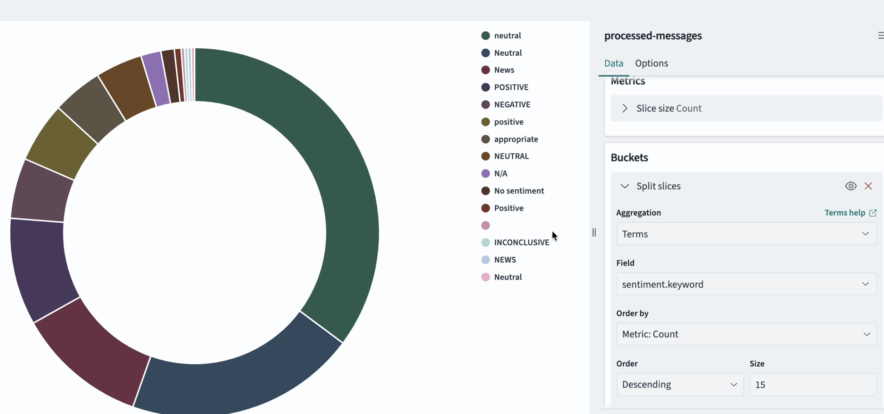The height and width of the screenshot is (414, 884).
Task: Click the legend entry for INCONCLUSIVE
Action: click(x=521, y=242)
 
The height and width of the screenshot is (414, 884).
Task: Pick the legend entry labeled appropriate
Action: click(x=515, y=139)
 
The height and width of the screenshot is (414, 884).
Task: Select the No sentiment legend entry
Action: click(x=518, y=191)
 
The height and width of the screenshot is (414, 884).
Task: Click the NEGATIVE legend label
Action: click(x=512, y=104)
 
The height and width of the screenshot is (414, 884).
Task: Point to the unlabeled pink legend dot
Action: click(x=485, y=226)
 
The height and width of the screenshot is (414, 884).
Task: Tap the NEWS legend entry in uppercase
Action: click(x=505, y=260)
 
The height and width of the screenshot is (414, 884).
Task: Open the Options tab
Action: click(x=651, y=63)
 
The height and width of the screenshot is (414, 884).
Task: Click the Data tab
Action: click(x=614, y=63)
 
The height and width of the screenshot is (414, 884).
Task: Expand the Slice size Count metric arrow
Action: click(x=625, y=108)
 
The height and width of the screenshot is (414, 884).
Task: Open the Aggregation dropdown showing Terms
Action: click(x=746, y=234)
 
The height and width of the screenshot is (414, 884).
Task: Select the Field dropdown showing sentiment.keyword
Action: click(x=746, y=284)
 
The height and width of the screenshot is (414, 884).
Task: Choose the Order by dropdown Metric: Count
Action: click(x=746, y=334)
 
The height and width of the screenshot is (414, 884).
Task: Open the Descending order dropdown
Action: click(x=679, y=384)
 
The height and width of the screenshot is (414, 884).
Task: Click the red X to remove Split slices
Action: click(x=868, y=186)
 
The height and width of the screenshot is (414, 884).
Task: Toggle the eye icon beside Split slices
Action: click(x=851, y=186)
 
